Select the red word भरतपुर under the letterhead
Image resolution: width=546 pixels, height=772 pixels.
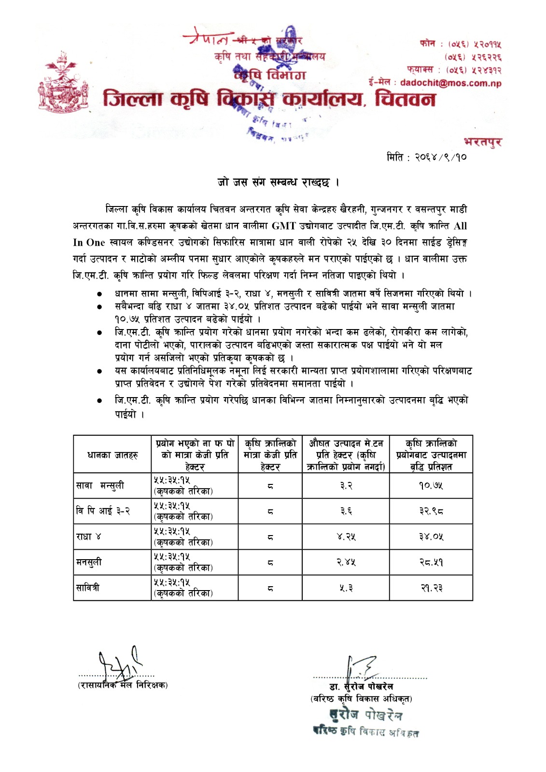(x=482, y=142)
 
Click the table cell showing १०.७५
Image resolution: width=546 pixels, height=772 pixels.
(x=431, y=485)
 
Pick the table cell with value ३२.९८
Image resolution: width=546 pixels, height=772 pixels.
(x=431, y=511)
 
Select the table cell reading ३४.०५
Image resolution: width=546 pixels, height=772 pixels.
(x=431, y=537)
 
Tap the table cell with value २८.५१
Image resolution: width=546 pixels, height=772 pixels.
(x=431, y=562)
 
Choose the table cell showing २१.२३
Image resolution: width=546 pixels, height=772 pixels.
(x=431, y=588)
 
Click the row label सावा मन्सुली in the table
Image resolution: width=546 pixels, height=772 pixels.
(x=100, y=485)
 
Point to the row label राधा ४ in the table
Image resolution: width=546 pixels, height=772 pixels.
(x=88, y=537)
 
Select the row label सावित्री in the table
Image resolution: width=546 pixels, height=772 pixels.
(x=88, y=588)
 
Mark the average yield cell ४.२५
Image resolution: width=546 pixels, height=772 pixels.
(x=346, y=537)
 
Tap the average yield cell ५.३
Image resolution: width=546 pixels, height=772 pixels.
(x=346, y=588)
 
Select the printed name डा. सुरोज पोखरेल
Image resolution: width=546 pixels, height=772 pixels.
(x=361, y=686)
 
